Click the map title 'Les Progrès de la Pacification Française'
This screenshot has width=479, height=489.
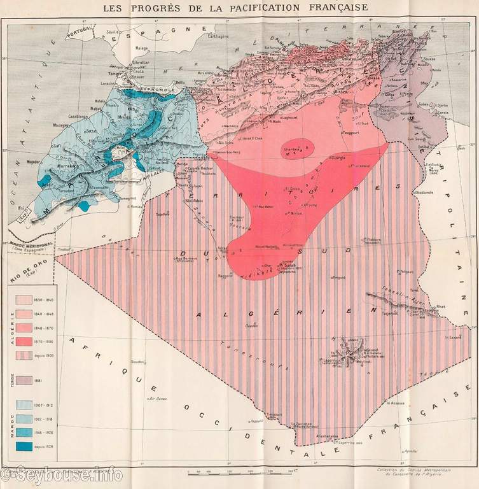click(239, 8)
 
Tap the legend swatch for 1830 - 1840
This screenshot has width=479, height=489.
click(24, 299)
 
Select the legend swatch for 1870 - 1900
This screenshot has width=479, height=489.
click(24, 342)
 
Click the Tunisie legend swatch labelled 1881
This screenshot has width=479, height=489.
click(24, 380)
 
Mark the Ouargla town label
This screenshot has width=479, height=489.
click(337, 157)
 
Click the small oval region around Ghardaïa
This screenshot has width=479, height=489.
click(298, 146)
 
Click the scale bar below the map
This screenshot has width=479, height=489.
click(242, 472)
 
